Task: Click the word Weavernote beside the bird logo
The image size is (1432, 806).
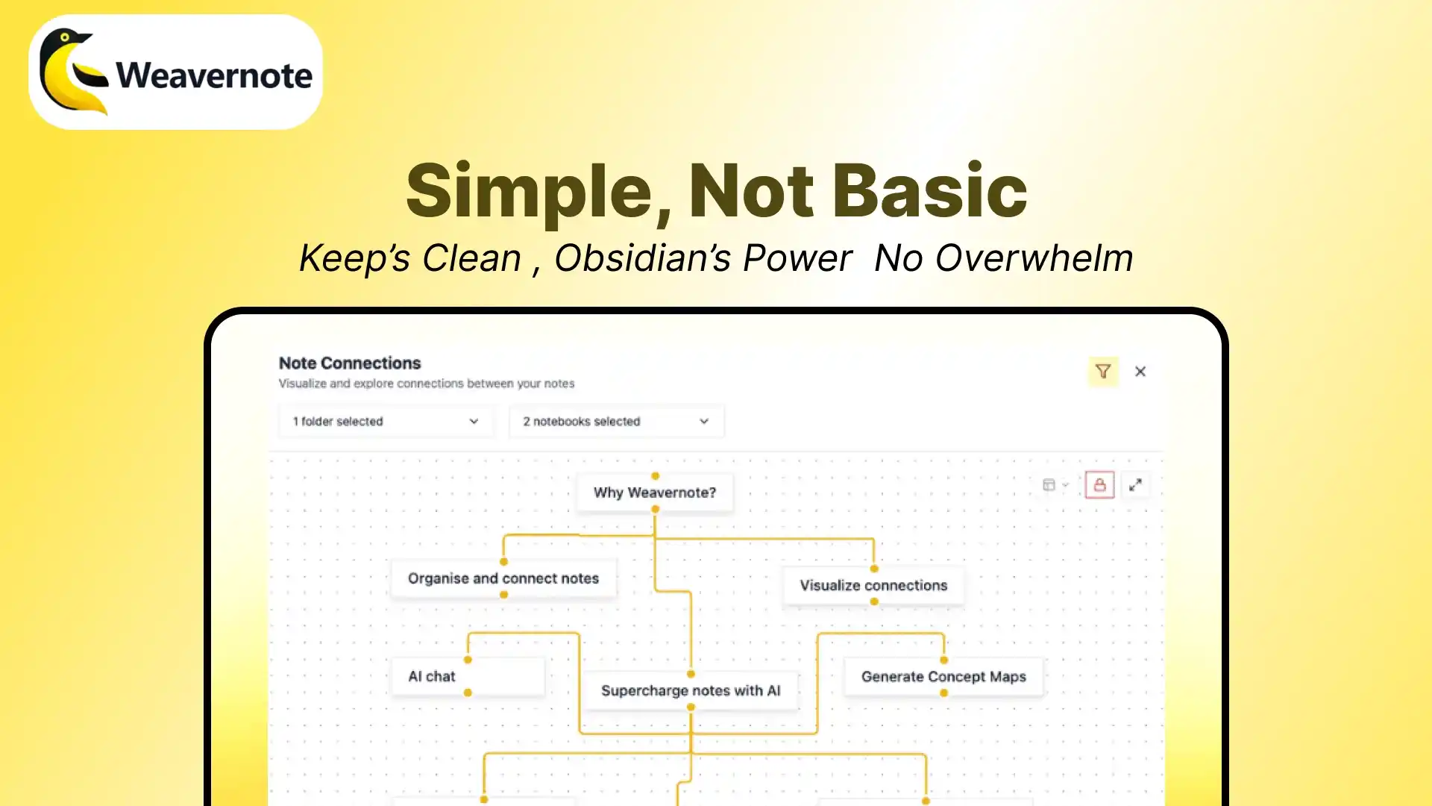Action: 214,75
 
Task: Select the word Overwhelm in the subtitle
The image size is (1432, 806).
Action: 1034,258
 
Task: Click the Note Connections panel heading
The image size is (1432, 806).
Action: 350,363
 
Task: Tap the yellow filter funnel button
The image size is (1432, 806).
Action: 1103,371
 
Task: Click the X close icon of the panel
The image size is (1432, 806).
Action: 1140,371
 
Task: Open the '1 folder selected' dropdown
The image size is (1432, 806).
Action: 386,421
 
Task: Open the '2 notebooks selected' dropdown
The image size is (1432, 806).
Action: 616,421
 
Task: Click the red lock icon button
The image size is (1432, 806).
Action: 1099,485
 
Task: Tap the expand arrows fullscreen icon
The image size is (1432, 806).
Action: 1135,485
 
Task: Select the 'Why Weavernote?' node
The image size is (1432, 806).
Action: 655,493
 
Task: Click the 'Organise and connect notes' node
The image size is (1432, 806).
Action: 503,578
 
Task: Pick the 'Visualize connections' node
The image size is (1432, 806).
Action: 873,585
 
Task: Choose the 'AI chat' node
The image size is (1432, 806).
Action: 468,676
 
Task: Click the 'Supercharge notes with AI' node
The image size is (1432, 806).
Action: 691,690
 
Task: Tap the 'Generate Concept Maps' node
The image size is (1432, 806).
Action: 943,676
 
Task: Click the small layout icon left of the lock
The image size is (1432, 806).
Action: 1049,485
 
